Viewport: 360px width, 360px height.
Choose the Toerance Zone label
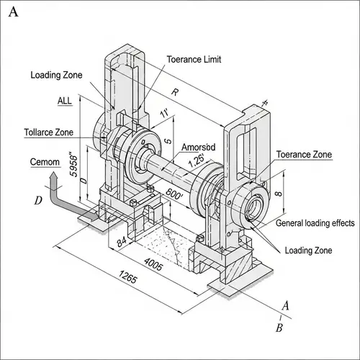pos(304,155)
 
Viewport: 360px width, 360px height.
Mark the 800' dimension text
pos(175,194)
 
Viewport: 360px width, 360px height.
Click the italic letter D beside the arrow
pos(37,200)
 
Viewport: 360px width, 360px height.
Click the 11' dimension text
pos(164,114)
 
